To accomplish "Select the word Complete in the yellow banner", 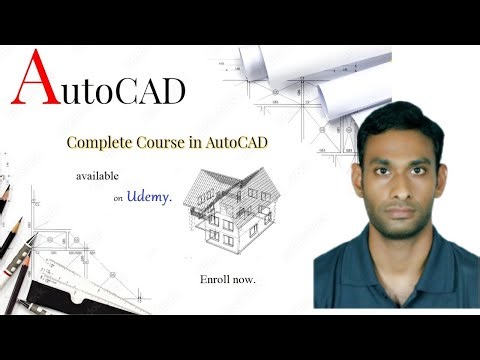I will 100,142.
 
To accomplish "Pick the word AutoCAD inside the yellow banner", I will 240,142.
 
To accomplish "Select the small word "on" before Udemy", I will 118,199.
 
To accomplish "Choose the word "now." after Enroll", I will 244,277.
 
